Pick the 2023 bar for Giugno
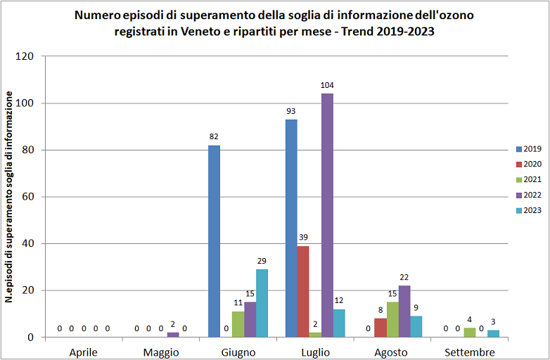click(262, 303)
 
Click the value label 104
click(327, 86)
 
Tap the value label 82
click(214, 136)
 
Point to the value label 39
click(303, 238)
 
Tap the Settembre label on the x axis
click(468, 352)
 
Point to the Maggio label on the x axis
click(160, 352)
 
